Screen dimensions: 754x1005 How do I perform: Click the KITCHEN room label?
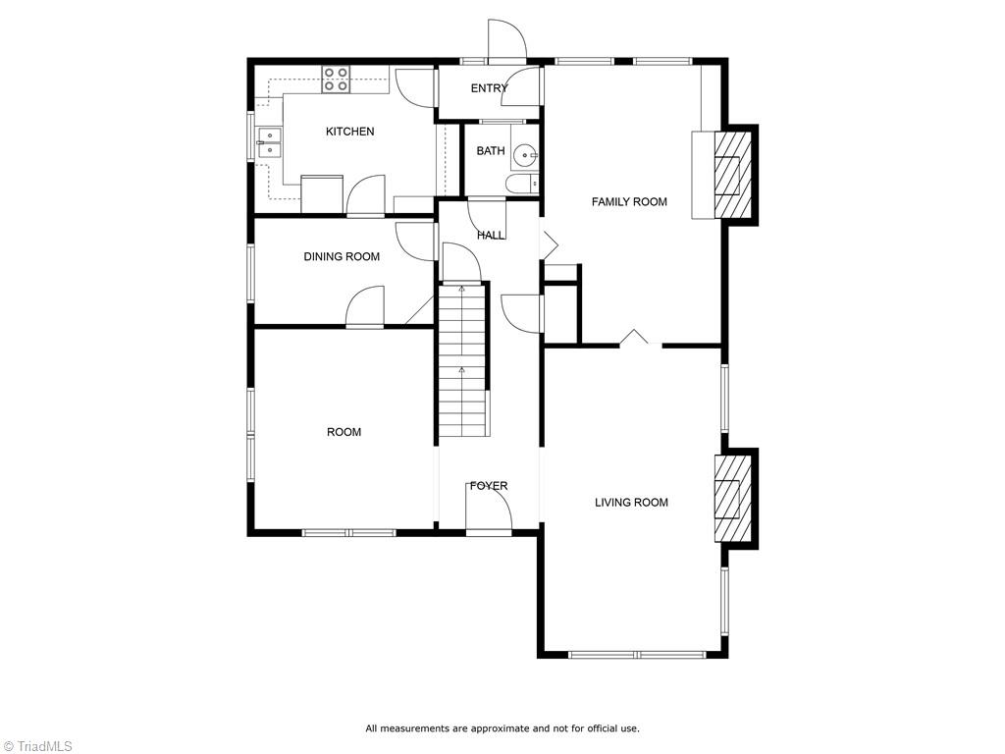pyautogui.click(x=349, y=132)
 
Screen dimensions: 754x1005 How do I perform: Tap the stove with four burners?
pyautogui.click(x=336, y=79)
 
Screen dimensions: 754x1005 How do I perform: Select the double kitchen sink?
pyautogui.click(x=269, y=143)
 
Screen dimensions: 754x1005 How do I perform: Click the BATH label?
pyautogui.click(x=491, y=151)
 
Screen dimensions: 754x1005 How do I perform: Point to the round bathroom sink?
pyautogui.click(x=527, y=155)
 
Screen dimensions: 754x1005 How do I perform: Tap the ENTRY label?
pyautogui.click(x=489, y=88)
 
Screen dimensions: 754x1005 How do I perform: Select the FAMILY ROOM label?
pyautogui.click(x=629, y=202)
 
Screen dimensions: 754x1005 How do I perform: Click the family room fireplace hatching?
pyautogui.click(x=727, y=175)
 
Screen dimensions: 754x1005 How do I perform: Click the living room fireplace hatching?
pyautogui.click(x=727, y=498)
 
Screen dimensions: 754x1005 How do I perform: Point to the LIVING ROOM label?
pyautogui.click(x=631, y=503)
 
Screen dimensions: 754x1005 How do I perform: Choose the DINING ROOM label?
pyautogui.click(x=342, y=257)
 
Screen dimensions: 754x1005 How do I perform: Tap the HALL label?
pyautogui.click(x=491, y=236)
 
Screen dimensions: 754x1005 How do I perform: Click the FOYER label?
pyautogui.click(x=489, y=486)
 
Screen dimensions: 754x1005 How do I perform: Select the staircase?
pyautogui.click(x=462, y=359)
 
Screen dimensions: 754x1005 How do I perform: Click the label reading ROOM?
pyautogui.click(x=344, y=432)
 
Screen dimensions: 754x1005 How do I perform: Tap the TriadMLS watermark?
pyautogui.click(x=37, y=746)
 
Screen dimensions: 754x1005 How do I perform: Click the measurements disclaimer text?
pyautogui.click(x=502, y=728)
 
